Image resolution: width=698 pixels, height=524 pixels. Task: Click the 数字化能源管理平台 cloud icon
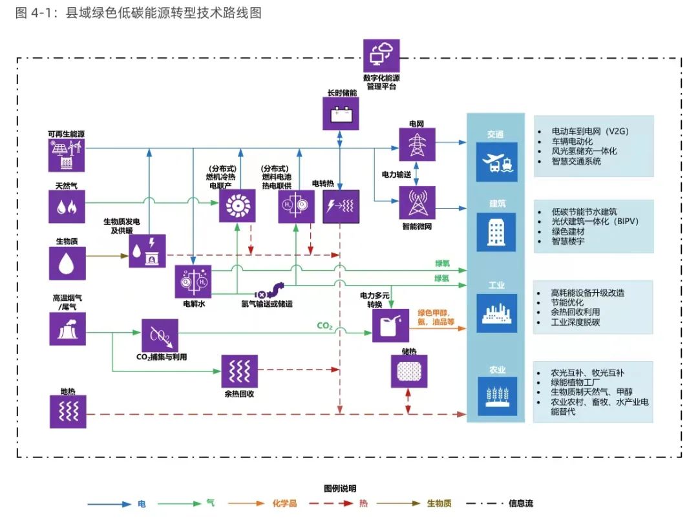point(381,56)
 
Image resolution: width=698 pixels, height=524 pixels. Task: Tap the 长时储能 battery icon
point(340,114)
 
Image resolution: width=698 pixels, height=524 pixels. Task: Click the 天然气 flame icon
point(67,206)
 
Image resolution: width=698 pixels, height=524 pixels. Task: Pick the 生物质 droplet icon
point(67,263)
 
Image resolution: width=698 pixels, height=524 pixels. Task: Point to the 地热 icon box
point(67,412)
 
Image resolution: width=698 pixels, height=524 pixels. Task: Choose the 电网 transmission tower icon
point(417,143)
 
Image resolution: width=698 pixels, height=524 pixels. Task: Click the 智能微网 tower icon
point(417,203)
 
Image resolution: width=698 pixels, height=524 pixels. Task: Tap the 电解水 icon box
point(193,282)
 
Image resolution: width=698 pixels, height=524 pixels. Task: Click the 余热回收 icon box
point(239,372)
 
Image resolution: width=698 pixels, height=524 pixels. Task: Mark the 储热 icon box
point(408,372)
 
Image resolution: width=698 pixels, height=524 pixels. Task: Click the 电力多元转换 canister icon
point(390,326)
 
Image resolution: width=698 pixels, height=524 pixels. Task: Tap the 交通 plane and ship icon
point(497,162)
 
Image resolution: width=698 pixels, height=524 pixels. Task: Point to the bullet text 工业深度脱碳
point(575,322)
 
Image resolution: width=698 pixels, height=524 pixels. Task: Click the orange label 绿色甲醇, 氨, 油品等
point(436,317)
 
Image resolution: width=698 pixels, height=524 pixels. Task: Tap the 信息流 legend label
point(521,503)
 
